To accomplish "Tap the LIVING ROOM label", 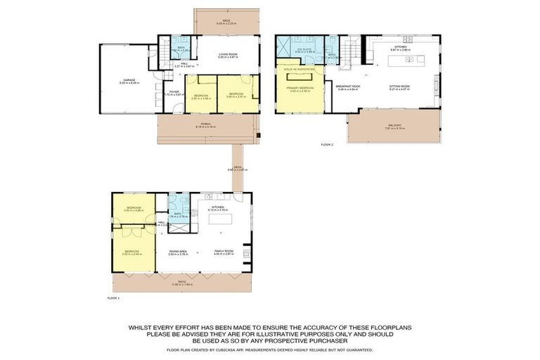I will pos(226,55).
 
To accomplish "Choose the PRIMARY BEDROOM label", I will pos(300,88).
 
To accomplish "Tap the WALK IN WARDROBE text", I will pos(299,69).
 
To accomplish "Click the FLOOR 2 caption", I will pos(327,144).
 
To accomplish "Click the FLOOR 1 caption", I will pos(113,298).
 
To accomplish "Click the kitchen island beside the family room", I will pos(221,219).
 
